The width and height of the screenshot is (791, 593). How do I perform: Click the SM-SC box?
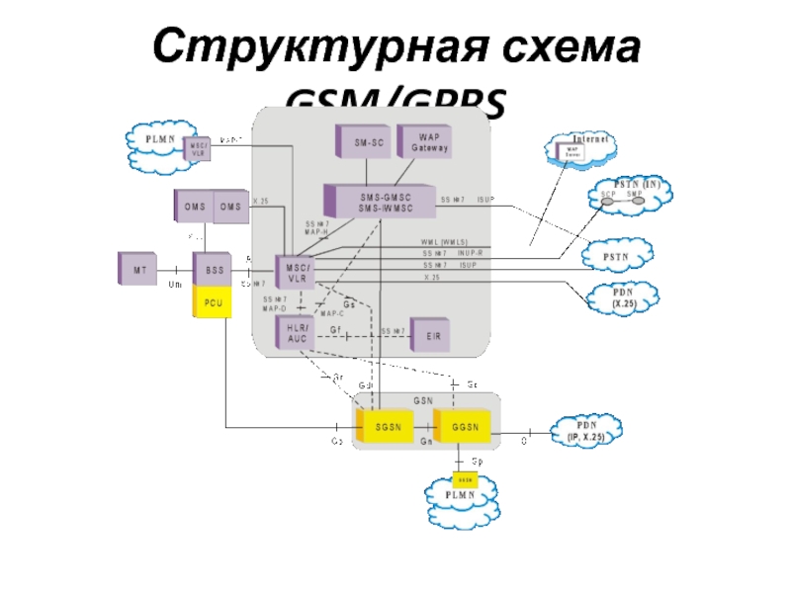click(363, 143)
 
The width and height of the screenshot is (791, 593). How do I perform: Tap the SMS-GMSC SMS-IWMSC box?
click(382, 202)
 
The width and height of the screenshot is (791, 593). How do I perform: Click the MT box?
click(137, 269)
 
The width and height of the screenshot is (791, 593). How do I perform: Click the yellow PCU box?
click(212, 302)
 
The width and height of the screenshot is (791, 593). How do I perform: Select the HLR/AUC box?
click(296, 334)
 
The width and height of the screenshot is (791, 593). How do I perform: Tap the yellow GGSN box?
click(462, 427)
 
